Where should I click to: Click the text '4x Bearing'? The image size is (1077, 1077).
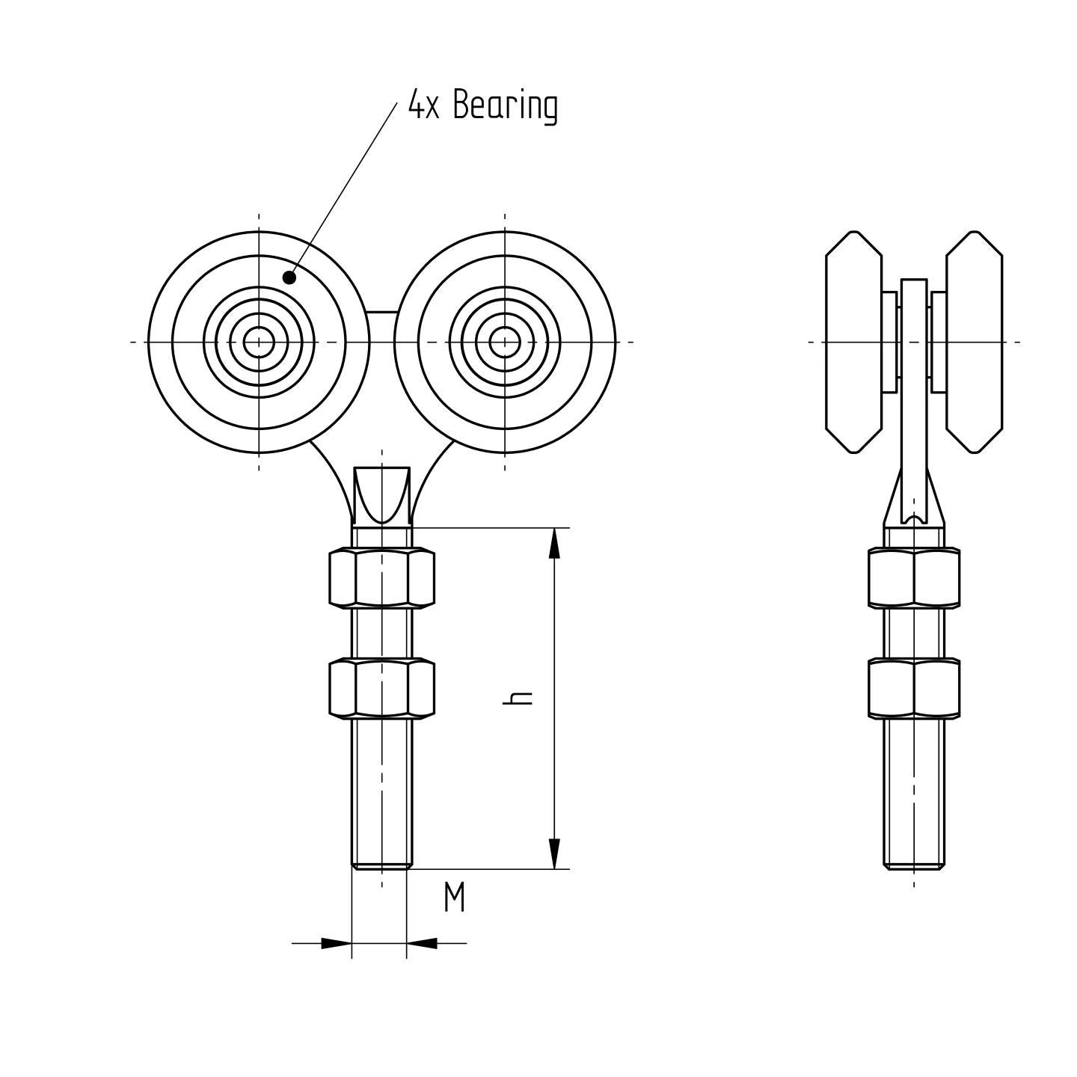coord(482,105)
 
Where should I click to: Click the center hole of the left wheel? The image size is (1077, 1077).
coord(259,343)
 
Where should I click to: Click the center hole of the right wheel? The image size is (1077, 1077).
coord(505,343)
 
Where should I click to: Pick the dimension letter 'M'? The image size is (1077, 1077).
coord(454,897)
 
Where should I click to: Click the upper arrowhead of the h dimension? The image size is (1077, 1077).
coord(554,543)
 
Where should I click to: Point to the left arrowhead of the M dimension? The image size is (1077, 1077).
coord(336,943)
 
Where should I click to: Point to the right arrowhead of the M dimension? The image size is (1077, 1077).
coord(423,943)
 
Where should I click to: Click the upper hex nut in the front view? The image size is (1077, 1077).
coord(381,577)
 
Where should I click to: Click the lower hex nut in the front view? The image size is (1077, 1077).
coord(381,688)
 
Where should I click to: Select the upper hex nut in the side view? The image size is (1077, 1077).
coord(914,577)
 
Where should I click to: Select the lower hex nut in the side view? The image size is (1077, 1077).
coord(914,688)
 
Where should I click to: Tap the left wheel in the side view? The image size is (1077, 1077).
coord(853,343)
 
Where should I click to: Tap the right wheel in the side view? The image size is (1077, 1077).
coord(974,343)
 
